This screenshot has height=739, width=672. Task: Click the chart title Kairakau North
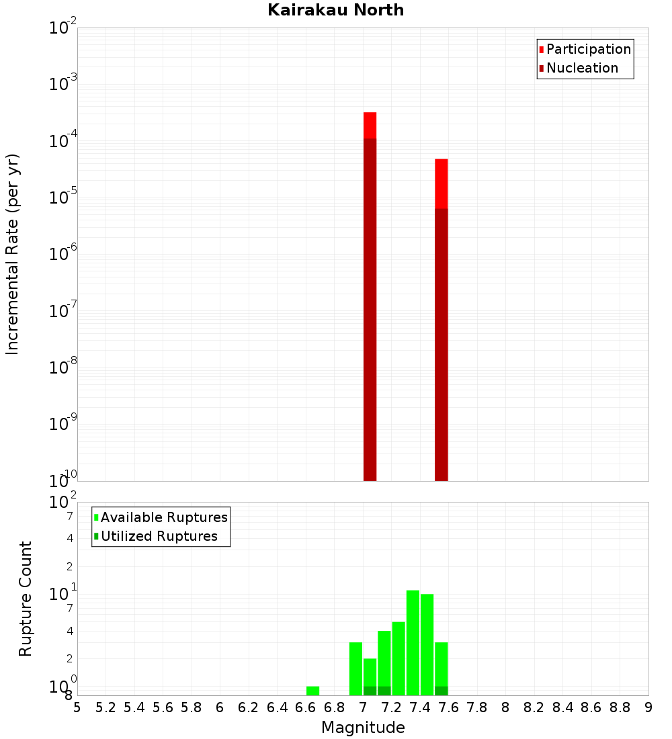(x=335, y=10)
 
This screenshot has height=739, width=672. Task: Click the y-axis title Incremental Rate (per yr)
(x=13, y=255)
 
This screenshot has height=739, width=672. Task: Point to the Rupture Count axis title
(x=26, y=599)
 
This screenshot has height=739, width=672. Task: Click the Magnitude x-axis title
(x=363, y=728)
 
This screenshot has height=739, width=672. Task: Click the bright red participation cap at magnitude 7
(x=370, y=125)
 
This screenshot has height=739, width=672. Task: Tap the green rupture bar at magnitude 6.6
(x=312, y=691)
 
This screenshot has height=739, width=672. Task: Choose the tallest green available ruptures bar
(x=413, y=642)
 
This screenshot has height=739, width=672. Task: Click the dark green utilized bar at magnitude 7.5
(x=441, y=691)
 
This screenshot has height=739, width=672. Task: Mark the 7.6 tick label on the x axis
(x=449, y=707)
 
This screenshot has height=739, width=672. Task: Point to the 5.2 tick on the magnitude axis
(x=106, y=707)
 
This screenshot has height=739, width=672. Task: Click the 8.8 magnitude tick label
(x=620, y=707)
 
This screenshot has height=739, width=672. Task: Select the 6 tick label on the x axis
(x=220, y=707)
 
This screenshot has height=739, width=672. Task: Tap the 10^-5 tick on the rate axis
(x=63, y=198)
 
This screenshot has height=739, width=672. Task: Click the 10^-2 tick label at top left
(x=63, y=28)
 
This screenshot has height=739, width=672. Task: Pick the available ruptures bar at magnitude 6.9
(x=355, y=668)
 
